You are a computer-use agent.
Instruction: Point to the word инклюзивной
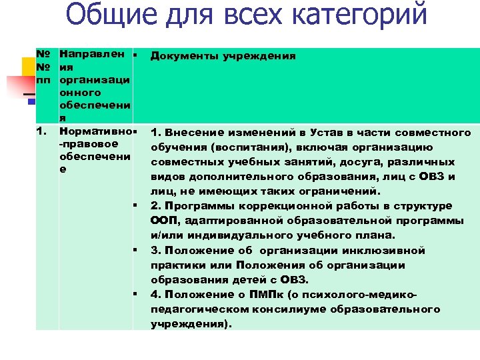389,251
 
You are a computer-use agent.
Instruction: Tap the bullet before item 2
135,206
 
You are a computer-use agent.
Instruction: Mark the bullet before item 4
135,295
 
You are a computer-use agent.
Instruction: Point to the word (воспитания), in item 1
245,147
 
